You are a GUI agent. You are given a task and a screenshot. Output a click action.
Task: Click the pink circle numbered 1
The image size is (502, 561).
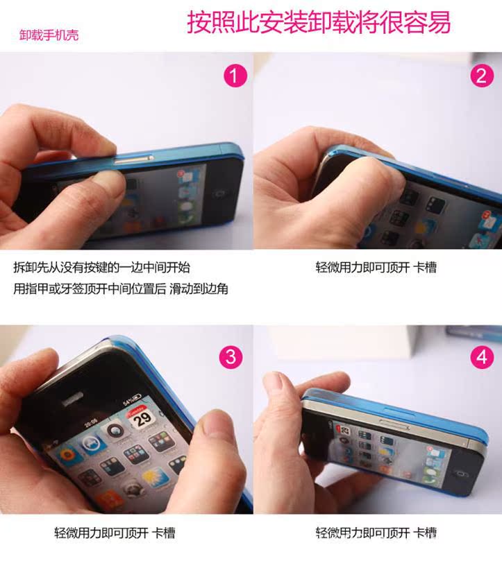[235, 76]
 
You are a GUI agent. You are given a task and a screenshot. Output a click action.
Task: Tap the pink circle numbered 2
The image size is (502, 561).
[482, 76]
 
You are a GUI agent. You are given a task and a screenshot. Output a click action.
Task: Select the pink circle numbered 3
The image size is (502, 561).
[231, 356]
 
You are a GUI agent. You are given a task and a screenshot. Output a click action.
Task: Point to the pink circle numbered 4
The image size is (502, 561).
[482, 356]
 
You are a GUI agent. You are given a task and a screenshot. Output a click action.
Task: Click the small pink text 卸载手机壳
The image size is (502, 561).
[49, 35]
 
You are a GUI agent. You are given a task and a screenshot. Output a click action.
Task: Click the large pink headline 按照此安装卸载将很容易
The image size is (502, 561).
[319, 22]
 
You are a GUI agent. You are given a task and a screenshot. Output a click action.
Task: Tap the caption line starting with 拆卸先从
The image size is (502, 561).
[102, 267]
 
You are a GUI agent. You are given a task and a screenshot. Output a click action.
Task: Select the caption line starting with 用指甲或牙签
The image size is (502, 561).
[121, 288]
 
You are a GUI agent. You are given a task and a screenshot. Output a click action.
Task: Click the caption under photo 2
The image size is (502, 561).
[376, 267]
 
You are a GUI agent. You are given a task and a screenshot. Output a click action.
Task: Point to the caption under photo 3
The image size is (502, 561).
[115, 533]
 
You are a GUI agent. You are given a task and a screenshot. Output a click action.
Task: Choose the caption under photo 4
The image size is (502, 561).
[376, 533]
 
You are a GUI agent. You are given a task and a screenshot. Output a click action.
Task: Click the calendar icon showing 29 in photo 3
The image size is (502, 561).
[141, 417]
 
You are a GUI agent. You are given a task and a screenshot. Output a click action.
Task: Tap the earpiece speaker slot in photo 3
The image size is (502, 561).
[73, 399]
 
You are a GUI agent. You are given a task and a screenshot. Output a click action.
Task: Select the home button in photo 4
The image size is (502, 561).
[461, 474]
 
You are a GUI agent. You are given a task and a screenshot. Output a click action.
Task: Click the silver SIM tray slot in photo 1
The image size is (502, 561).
[134, 159]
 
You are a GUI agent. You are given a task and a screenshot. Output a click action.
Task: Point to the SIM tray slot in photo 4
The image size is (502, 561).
[394, 424]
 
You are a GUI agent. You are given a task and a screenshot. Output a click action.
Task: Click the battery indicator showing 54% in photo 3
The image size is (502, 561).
[133, 399]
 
